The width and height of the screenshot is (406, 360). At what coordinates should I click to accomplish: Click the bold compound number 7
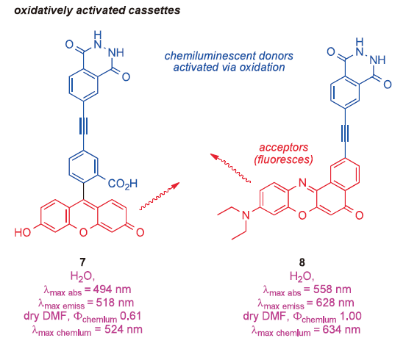point(82,262)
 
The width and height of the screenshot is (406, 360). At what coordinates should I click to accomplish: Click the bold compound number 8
point(302,262)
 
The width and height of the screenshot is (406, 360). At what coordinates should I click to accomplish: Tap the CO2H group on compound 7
point(123,184)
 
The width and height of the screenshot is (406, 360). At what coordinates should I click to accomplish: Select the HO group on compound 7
point(23,232)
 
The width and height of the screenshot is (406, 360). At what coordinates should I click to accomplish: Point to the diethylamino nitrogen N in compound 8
point(246,215)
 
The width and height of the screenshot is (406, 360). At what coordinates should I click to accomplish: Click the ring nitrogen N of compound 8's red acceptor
point(302,183)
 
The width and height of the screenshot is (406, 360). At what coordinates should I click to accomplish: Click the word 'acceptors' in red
point(283,148)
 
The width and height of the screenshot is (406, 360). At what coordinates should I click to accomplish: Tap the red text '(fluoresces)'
point(283,159)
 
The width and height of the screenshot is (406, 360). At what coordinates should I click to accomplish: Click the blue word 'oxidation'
point(262,68)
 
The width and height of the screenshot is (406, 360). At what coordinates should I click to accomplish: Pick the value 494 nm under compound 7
point(112,289)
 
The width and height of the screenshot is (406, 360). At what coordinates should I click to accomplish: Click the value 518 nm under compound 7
point(115,303)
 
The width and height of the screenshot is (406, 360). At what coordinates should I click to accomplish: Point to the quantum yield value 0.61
point(130,316)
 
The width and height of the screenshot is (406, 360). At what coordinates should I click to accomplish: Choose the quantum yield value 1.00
point(351,316)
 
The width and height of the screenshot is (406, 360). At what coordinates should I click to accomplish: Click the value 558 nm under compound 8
point(332,289)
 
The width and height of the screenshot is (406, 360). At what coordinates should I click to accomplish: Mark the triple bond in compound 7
point(83,126)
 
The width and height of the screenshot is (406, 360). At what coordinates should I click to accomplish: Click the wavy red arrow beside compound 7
point(160,196)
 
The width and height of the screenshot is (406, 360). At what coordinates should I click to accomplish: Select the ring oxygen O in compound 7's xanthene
point(83,232)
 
